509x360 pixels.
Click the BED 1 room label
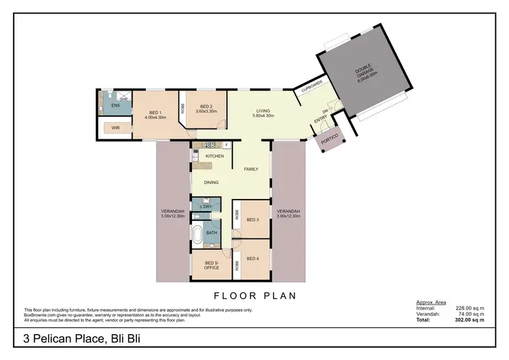tap(154, 113)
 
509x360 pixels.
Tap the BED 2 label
tap(206, 109)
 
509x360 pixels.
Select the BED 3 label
tap(253, 219)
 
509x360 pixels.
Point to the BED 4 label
tap(253, 259)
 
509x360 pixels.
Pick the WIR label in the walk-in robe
tap(115, 127)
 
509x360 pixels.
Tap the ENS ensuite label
tap(107, 106)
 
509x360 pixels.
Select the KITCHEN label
tap(214, 156)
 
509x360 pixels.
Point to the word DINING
tap(211, 182)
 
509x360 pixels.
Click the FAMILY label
tap(251, 168)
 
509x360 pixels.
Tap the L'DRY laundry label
tap(206, 206)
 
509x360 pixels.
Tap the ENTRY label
tap(320, 120)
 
